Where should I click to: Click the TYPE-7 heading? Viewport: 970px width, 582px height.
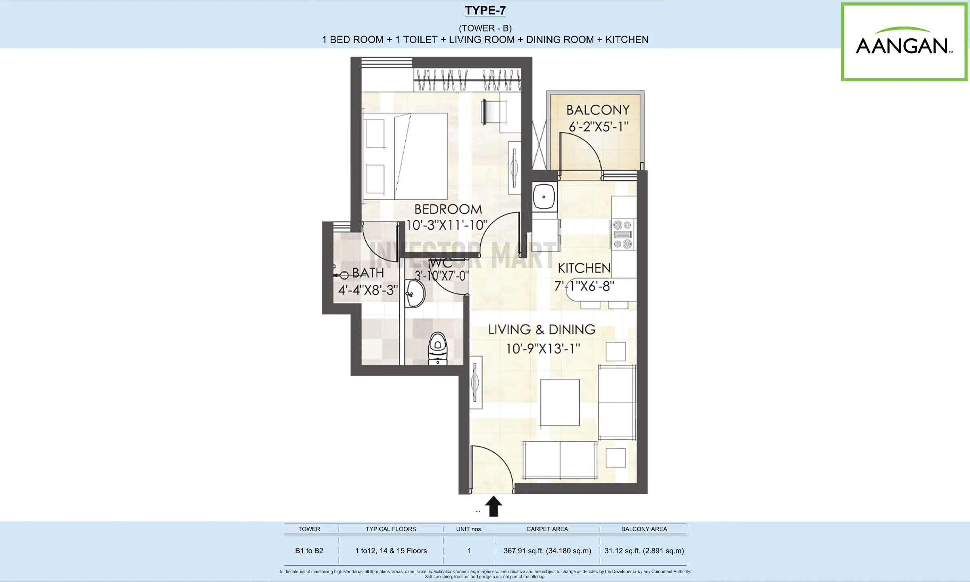point(485,11)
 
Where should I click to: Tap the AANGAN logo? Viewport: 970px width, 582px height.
point(904,42)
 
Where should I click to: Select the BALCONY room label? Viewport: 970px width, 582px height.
point(598,110)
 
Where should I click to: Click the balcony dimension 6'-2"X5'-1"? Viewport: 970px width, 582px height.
point(599,127)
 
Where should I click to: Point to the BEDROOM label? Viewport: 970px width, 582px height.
point(448,209)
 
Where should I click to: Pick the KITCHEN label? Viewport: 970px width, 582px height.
point(584,268)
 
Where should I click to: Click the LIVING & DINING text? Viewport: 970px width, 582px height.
point(542,329)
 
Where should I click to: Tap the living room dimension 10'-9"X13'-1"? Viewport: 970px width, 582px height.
point(543,348)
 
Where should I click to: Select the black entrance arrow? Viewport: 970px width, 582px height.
point(493,506)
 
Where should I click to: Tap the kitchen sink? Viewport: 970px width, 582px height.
point(544,197)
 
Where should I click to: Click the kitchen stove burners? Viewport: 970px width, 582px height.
point(622,234)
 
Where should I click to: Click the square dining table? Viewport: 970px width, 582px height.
point(560,403)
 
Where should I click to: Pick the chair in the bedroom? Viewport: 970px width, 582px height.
point(493,112)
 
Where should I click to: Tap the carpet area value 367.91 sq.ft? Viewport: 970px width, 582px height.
point(547,551)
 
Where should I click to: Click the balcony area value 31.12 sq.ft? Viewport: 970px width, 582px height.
point(644,551)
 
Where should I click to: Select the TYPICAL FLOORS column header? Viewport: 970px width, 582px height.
point(391,529)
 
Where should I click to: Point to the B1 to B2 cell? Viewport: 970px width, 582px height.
point(309,551)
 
